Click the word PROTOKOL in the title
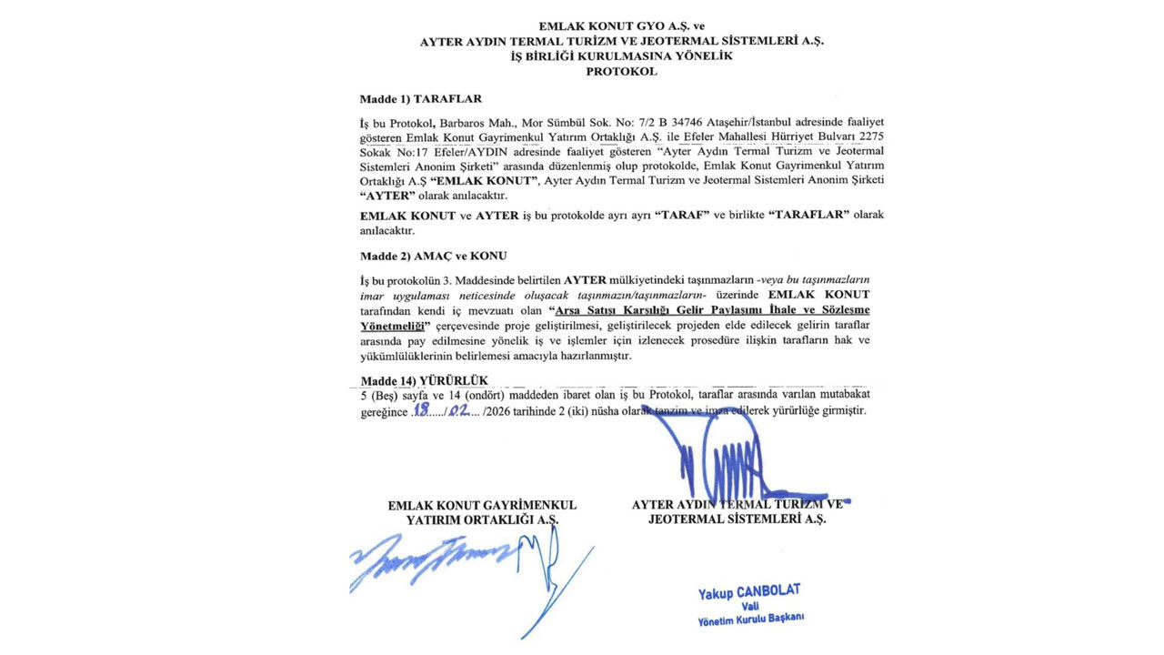coord(621,71)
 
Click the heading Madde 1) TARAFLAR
coord(420,98)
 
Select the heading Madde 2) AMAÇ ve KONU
coord(433,256)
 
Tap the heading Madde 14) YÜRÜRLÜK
coord(424,380)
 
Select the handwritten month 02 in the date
coord(459,410)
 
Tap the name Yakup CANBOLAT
coord(749,592)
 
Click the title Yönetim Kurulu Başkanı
coord(750,620)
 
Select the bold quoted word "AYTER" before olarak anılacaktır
coord(385,196)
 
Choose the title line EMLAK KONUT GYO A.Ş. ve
coord(621,27)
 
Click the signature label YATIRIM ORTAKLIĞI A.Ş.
coord(482,519)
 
